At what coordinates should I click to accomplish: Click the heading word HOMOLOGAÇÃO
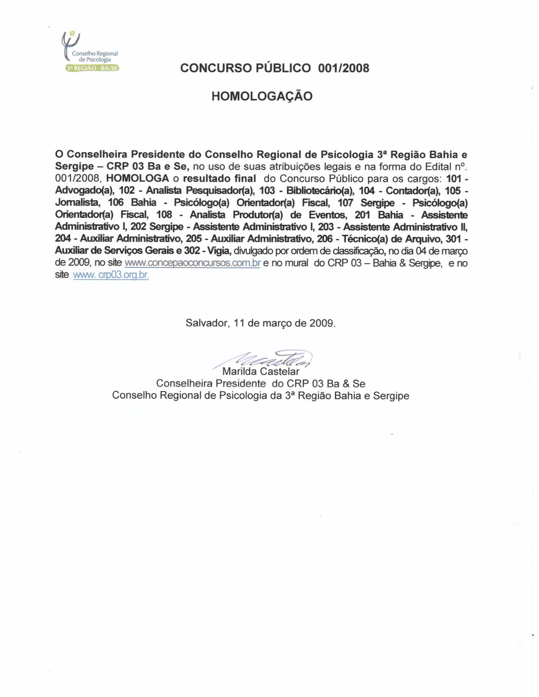pos(262,97)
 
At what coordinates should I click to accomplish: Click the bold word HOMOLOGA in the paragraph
pos(138,178)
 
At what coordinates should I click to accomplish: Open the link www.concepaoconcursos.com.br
pos(193,263)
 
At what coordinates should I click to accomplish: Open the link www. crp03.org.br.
pos(111,275)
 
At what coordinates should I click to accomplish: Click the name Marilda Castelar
pos(261,372)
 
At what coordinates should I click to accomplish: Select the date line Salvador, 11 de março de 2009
pos(261,324)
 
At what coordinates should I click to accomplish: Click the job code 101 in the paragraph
pos(454,178)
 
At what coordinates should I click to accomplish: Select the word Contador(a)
pos(410,191)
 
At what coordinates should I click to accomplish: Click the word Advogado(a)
pos(84,191)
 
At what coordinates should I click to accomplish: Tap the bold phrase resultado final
pos(220,178)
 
